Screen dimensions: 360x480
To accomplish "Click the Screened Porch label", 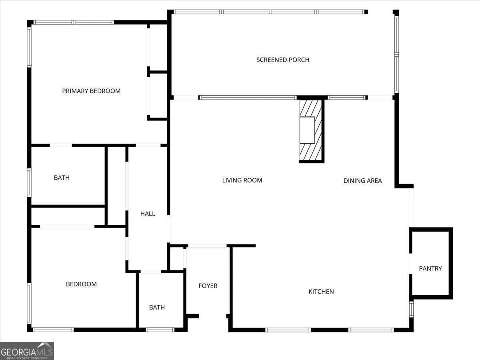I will click(x=283, y=60).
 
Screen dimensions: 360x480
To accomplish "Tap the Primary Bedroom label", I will click(x=91, y=91).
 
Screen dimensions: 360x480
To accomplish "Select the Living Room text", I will click(x=242, y=180).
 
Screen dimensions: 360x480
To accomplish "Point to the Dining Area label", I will click(x=362, y=181).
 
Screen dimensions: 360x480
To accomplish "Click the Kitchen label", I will click(x=321, y=292).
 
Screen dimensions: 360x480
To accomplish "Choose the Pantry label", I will click(x=430, y=268).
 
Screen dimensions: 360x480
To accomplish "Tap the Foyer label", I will click(x=208, y=286).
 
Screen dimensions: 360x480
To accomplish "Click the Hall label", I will click(x=148, y=214).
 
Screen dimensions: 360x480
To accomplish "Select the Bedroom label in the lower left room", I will click(x=81, y=284).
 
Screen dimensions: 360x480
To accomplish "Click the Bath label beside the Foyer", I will click(x=157, y=307).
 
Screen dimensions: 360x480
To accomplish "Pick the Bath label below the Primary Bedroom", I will click(x=62, y=178).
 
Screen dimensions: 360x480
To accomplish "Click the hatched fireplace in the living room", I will click(x=311, y=130).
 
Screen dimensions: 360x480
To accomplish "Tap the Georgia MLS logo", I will click(x=27, y=351).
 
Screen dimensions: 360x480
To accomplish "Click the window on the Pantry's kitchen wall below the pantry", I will click(x=411, y=309).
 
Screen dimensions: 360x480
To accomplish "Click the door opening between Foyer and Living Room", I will click(x=207, y=246).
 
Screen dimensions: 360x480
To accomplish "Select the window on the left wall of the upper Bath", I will click(x=29, y=182).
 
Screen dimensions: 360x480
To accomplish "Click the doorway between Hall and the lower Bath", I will click(x=151, y=272).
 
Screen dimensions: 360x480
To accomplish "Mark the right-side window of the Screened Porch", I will click(x=396, y=54).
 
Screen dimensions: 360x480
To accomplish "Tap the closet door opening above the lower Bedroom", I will click(x=67, y=226).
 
